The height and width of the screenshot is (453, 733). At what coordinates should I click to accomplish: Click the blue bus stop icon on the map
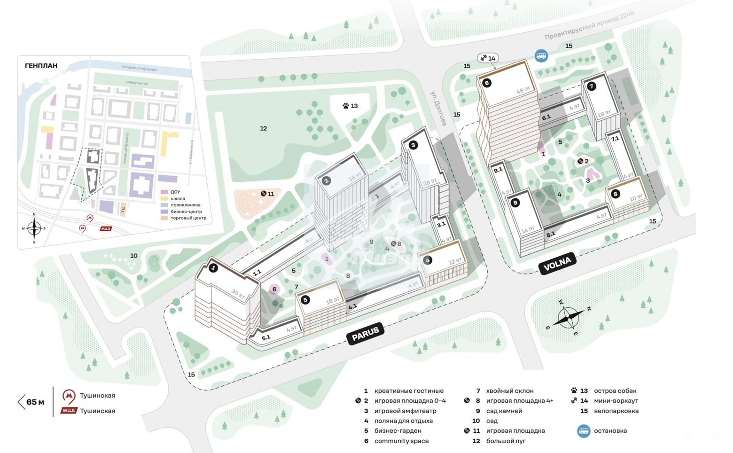[541, 56]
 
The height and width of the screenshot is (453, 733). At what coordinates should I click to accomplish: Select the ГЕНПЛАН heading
[41, 66]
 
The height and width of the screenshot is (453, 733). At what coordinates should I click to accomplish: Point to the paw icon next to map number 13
[346, 106]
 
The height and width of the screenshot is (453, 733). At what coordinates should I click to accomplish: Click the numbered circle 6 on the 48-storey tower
[486, 83]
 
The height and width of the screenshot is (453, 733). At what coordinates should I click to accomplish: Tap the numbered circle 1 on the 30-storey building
[213, 268]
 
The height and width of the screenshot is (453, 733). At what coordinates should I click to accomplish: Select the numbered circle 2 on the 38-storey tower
[327, 180]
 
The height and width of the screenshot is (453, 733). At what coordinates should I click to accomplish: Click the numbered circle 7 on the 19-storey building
[591, 86]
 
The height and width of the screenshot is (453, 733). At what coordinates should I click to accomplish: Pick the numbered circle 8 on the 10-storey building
[615, 194]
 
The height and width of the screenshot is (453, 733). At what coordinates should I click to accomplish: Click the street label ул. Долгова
[438, 108]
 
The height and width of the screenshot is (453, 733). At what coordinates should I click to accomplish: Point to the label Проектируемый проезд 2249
[589, 25]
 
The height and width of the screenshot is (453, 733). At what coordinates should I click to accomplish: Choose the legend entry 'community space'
[401, 441]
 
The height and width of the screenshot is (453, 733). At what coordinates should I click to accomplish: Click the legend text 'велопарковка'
[616, 411]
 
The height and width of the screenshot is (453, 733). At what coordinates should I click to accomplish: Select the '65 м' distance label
[35, 402]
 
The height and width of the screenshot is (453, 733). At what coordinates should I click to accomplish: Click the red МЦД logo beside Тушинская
[69, 411]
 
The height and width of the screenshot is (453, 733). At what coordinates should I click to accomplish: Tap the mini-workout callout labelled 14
[487, 58]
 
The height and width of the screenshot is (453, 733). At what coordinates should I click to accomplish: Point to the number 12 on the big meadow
[264, 128]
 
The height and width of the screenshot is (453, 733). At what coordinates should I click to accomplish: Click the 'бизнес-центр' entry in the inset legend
[186, 211]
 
